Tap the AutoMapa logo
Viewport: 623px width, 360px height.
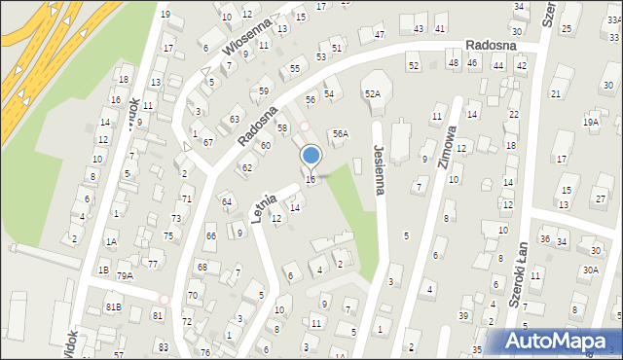pos(559,341)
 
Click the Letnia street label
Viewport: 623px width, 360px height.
pos(265,207)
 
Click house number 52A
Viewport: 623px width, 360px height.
pos(372,93)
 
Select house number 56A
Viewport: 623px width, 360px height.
pos(340,133)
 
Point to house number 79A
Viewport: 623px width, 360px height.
pos(125,276)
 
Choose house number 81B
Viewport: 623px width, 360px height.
pos(114,307)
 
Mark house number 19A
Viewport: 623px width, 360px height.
pos(591,122)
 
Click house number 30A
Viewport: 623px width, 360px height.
pos(590,270)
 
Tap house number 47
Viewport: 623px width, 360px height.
pos(379,35)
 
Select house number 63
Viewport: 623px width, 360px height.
pos(234,120)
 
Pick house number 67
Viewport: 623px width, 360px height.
pos(208,142)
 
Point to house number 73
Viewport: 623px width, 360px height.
pos(176,218)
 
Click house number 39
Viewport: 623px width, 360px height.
pos(463,315)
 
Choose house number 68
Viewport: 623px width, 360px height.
pos(202,267)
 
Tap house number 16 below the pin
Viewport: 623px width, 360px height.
pos(311,179)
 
